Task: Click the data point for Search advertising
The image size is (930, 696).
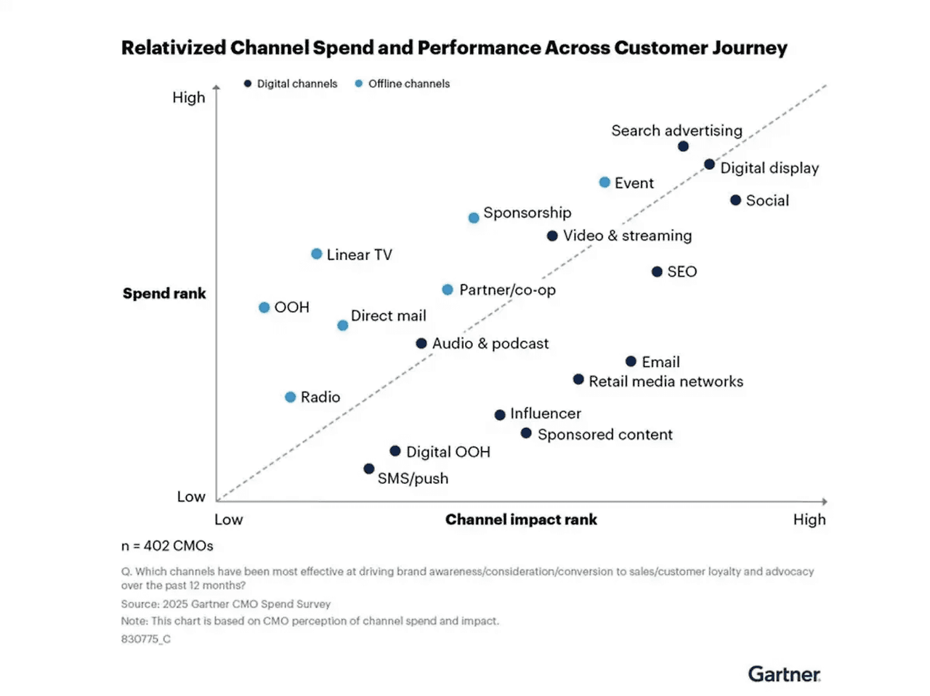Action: pos(683,147)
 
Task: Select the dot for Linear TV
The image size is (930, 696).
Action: pos(317,254)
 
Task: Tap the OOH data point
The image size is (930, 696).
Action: pos(264,307)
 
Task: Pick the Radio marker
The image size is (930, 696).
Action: pos(291,397)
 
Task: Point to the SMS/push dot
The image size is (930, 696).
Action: pos(369,469)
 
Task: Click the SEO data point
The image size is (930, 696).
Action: pos(657,272)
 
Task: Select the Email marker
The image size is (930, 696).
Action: pos(631,361)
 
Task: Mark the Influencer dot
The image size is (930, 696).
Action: pos(500,415)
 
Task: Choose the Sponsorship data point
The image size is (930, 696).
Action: pos(474,218)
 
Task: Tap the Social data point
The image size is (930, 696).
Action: pos(735,201)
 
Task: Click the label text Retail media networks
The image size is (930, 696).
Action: pos(666,381)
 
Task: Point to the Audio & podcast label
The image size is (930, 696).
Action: pos(490,344)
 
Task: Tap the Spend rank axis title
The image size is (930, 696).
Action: pos(164,294)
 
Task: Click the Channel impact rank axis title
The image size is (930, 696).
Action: pos(521,519)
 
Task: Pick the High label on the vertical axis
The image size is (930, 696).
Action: pos(188,97)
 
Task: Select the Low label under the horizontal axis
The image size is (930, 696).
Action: pos(228,519)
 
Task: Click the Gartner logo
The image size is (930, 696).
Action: pos(784,674)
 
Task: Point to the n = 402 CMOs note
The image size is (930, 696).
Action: pos(167,546)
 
